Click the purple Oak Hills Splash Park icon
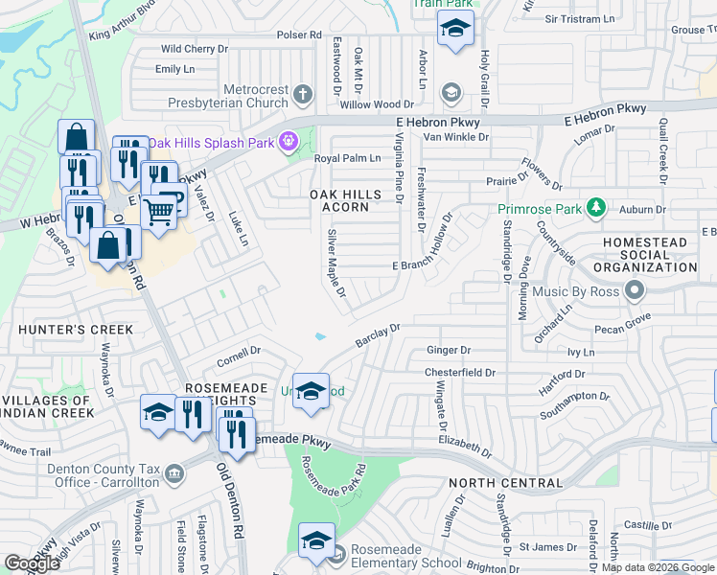(286, 142)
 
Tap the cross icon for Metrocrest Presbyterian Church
(303, 94)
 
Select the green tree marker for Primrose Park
(596, 207)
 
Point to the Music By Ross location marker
(633, 289)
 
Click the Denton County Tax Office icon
(174, 472)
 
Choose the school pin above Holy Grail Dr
(454, 29)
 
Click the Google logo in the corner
(33, 563)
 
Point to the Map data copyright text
(658, 568)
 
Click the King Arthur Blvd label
(122, 25)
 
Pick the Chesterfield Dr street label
(461, 373)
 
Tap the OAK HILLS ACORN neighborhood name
(345, 200)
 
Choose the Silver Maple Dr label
(335, 264)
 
